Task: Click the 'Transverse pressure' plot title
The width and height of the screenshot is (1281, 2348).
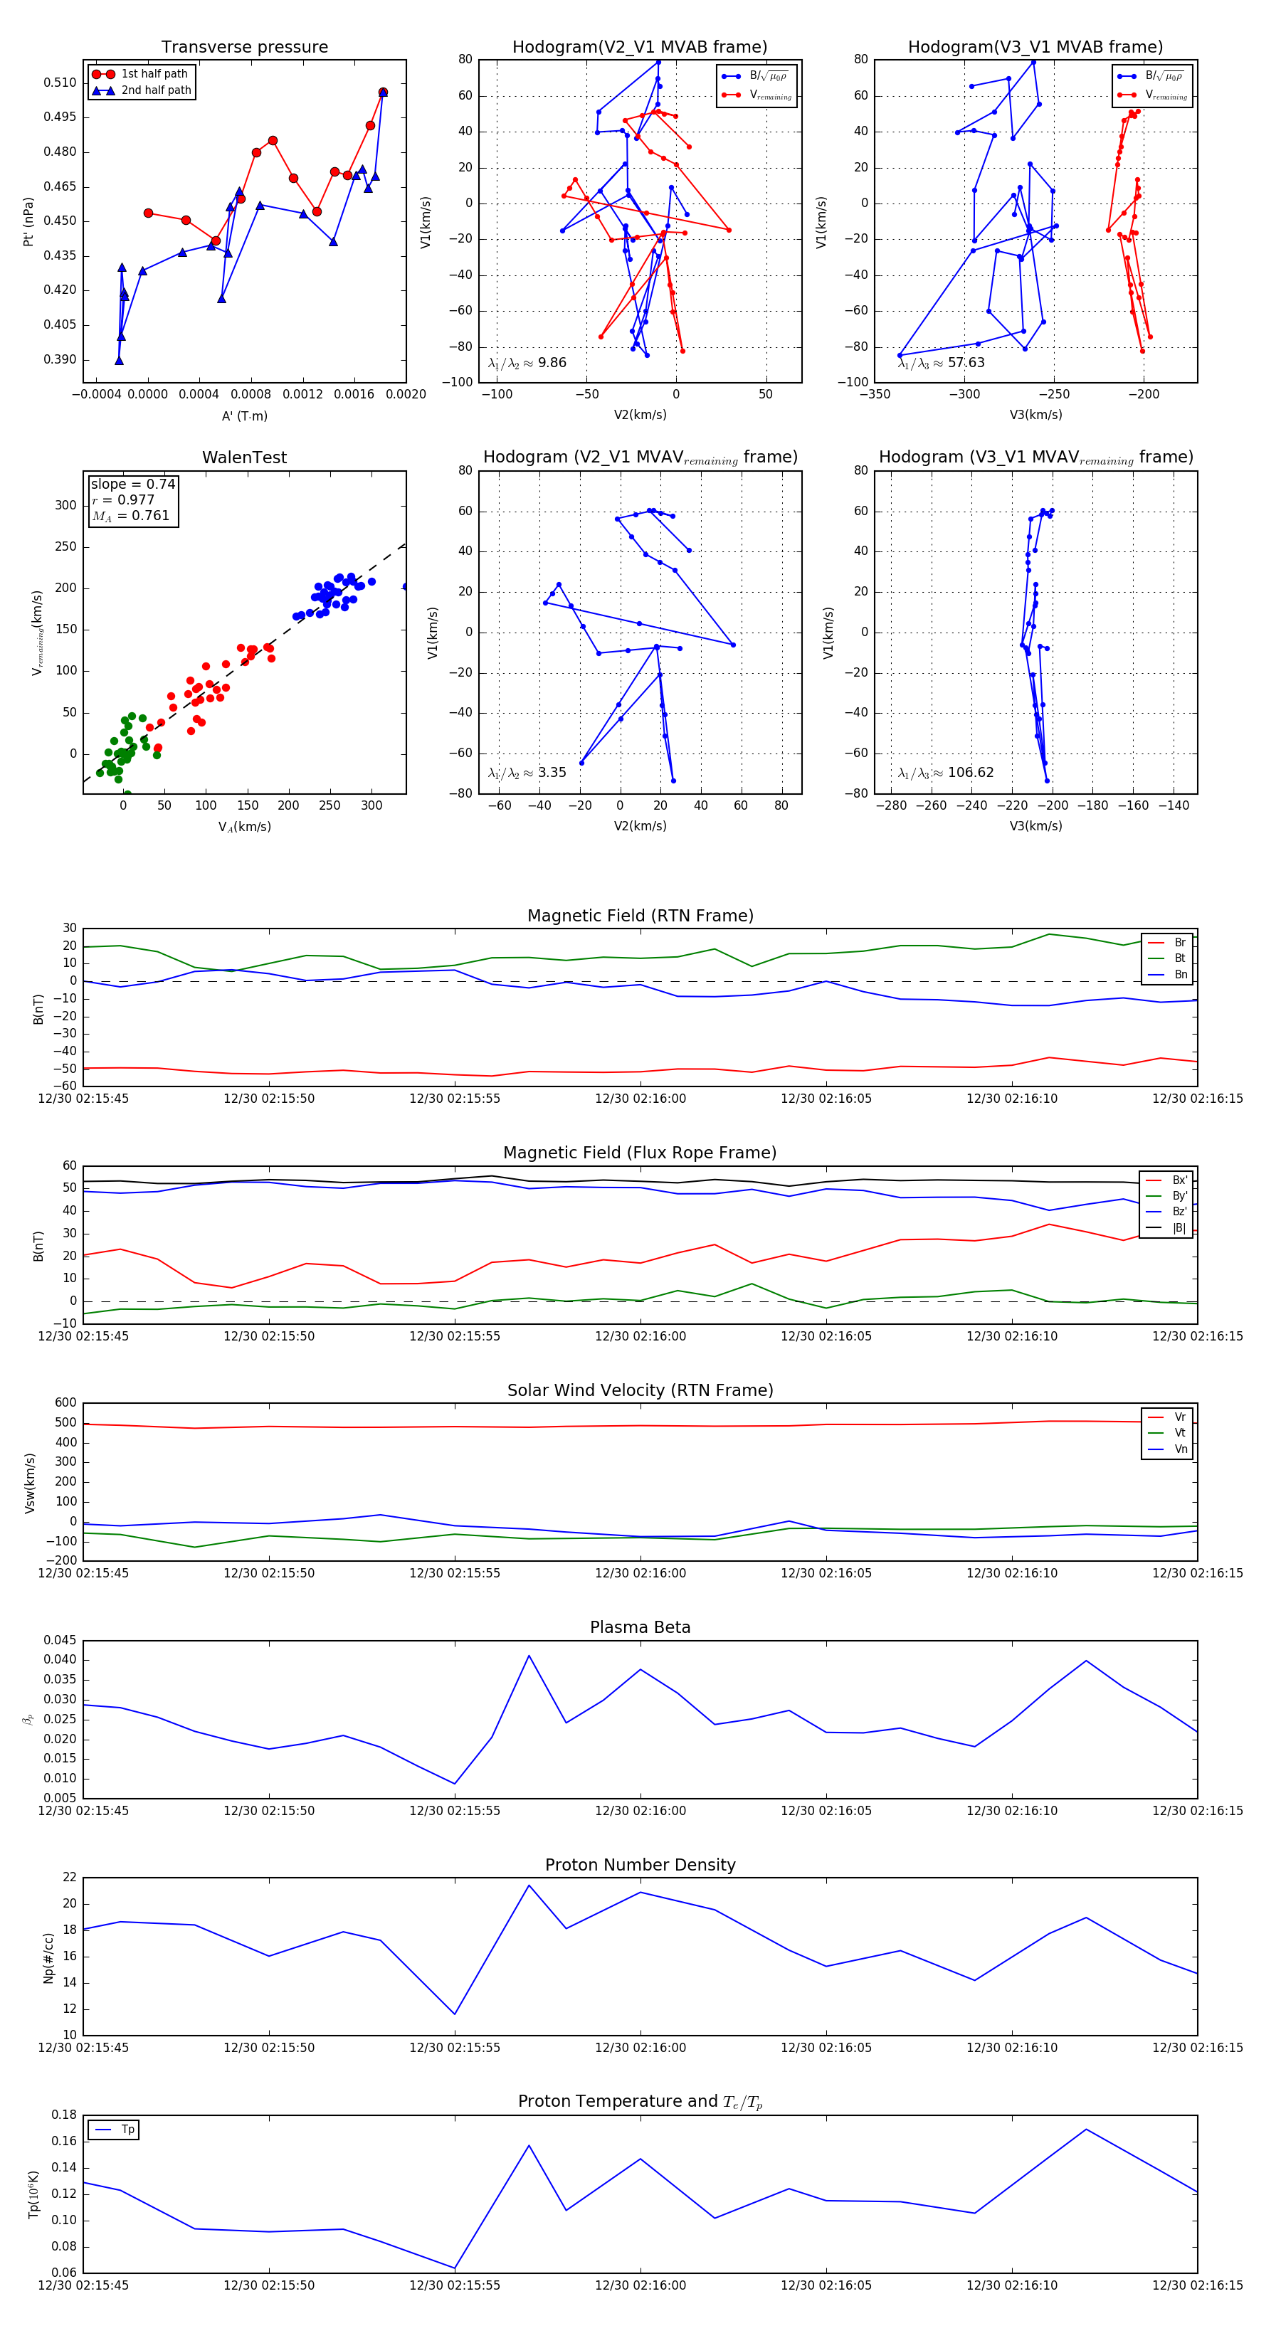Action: (244, 48)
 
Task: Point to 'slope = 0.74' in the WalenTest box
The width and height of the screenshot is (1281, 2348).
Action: (132, 484)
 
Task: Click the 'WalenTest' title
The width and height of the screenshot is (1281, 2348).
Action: (244, 458)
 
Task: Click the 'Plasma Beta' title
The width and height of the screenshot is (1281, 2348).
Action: (640, 1628)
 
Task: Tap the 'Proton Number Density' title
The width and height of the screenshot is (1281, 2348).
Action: (640, 1865)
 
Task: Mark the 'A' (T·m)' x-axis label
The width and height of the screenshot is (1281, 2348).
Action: (244, 416)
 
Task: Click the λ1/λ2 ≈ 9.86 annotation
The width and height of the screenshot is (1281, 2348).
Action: (527, 363)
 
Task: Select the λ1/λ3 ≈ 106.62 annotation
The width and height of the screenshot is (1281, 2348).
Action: (946, 773)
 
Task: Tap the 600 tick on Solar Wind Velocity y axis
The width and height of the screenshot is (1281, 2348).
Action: (65, 1403)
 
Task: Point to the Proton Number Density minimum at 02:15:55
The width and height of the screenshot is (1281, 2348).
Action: (455, 2014)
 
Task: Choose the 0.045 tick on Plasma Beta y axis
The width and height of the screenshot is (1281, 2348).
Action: (60, 1641)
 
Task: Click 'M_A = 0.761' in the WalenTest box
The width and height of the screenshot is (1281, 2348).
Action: (130, 516)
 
